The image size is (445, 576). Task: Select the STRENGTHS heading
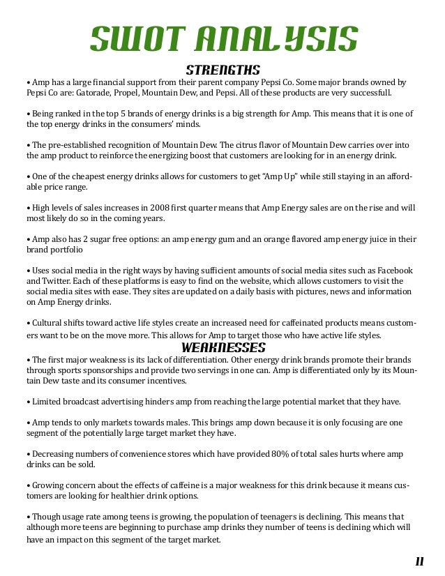click(223, 70)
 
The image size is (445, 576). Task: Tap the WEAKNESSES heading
click(223, 347)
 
